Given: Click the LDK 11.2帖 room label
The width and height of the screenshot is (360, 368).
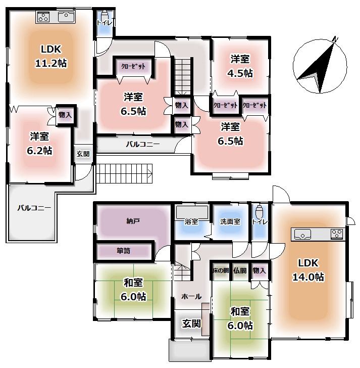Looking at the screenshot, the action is tap(51, 56).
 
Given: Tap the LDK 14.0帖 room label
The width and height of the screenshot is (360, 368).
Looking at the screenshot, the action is tap(308, 270).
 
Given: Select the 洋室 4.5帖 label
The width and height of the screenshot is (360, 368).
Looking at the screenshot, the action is tap(240, 66).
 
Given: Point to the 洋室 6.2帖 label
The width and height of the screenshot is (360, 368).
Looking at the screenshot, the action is tap(39, 144).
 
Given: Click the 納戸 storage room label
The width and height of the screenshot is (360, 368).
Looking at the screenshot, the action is tap(133, 221).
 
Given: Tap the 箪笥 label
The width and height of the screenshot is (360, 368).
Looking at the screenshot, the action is tap(123, 251).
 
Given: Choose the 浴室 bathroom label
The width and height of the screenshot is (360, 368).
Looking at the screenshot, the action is tap(191, 221).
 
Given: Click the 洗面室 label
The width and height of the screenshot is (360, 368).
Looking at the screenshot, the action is tap(230, 221).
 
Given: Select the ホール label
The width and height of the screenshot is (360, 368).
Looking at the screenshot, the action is tap(191, 296).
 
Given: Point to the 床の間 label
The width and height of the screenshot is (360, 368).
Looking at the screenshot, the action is tap(221, 270).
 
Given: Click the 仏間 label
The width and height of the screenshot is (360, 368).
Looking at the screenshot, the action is tap(240, 270).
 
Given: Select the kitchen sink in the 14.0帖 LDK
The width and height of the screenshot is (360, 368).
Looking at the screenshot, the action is tap(302, 234).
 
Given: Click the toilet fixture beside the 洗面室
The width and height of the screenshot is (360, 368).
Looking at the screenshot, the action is tap(259, 211).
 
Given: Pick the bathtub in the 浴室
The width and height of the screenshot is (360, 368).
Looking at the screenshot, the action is tap(192, 212).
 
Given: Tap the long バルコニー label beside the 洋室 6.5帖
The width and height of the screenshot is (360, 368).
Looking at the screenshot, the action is tap(143, 144).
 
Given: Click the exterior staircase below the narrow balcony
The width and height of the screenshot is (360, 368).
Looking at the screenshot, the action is tap(124, 173).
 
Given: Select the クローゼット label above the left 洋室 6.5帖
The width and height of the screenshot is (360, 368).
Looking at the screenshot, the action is tap(133, 66).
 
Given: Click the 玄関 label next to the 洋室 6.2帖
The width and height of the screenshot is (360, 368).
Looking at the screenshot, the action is tap(83, 154).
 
